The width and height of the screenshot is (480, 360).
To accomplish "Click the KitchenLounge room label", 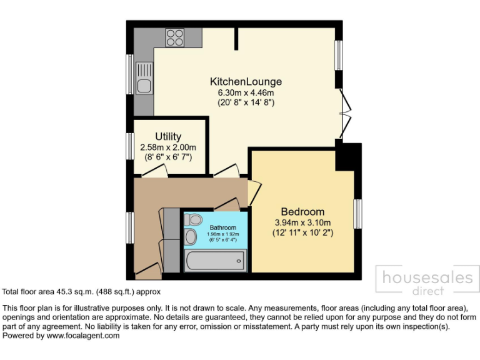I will click(246, 82).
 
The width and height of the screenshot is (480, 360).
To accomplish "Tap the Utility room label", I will click(168, 137).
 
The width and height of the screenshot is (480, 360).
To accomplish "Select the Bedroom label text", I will click(302, 211).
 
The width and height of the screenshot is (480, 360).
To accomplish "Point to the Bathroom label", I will click(223, 227).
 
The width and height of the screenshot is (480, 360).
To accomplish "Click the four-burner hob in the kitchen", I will click(174, 37).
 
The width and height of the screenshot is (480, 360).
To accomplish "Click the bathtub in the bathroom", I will click(215, 260).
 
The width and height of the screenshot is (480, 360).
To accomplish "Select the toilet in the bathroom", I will click(193, 219).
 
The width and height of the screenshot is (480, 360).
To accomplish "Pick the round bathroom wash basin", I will click(191, 237).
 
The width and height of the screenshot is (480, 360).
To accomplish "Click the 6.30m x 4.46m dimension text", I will click(246, 92).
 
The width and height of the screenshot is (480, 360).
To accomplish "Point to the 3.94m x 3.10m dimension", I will click(302, 222).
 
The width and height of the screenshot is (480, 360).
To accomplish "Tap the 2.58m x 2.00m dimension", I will click(168, 147).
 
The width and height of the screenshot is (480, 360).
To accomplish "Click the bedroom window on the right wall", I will click(358, 214).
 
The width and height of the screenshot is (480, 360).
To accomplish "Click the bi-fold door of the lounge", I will click(345, 113).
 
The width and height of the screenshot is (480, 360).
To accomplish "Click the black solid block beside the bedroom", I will click(349, 156).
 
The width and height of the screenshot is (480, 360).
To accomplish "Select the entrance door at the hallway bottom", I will click(148, 271).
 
